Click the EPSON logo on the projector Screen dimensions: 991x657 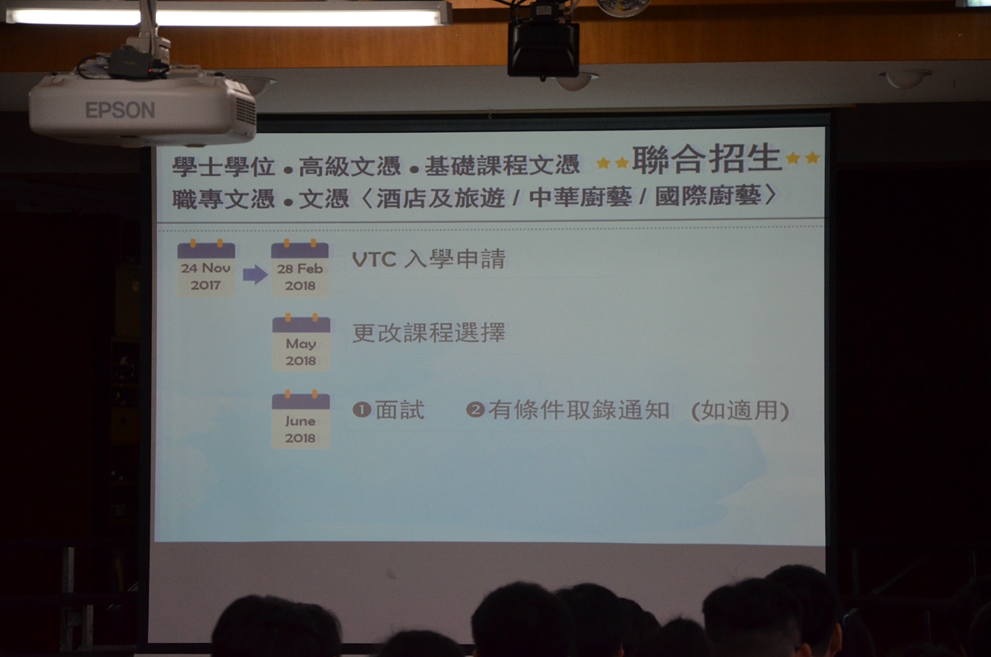tap(120, 110)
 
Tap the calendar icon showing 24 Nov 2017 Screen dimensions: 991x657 tap(206, 269)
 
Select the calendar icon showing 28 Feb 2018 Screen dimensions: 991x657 tap(300, 269)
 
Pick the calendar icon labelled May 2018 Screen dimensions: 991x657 tap(301, 342)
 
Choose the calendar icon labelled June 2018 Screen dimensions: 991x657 tap(301, 419)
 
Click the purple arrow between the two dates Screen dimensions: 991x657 tap(255, 274)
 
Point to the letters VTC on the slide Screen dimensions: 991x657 tap(374, 259)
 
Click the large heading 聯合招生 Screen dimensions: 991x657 tap(707, 159)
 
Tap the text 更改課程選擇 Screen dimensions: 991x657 tap(429, 333)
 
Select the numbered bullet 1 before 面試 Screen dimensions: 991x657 tap(362, 410)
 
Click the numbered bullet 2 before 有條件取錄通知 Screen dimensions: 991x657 tap(475, 410)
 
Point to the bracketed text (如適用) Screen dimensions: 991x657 tap(740, 411)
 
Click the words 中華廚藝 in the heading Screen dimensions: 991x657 tap(580, 197)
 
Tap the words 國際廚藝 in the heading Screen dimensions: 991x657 tap(708, 196)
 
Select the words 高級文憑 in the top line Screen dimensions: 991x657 tap(349, 166)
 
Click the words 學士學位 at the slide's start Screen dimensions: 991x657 tap(224, 167)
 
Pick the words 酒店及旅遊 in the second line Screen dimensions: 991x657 tap(440, 198)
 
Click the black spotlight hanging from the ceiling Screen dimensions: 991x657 tap(543, 49)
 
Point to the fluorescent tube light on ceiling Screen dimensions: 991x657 tap(229, 17)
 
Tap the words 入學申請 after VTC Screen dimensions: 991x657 tap(454, 259)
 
